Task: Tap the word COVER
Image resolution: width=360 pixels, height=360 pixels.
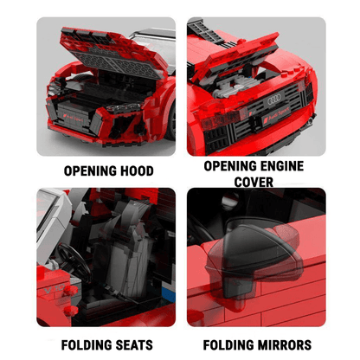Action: point(255,182)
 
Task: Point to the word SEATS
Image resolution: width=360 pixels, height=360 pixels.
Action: point(131,344)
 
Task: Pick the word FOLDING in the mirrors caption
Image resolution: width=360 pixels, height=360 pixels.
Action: point(224,344)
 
